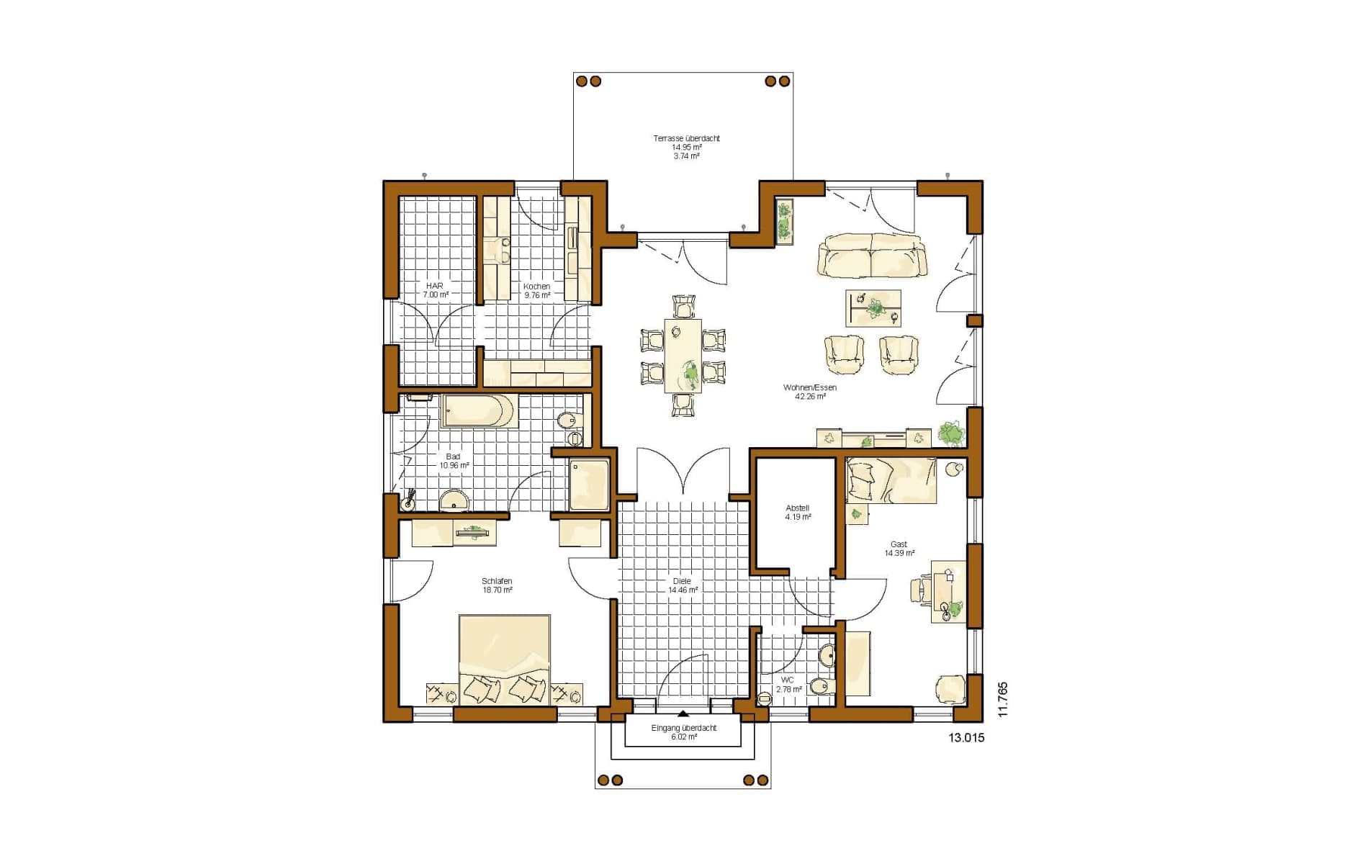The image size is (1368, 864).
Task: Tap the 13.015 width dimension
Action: tap(966, 737)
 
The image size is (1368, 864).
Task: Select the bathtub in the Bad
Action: tap(477, 410)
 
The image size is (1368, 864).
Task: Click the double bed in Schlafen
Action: tap(505, 659)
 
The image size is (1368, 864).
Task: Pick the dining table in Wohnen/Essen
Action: tap(683, 356)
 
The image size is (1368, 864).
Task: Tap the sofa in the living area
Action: tap(872, 255)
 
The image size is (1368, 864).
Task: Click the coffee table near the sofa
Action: tap(873, 308)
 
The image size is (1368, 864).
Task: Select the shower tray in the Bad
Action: tap(590, 485)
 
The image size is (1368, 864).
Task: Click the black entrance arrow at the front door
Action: tap(683, 714)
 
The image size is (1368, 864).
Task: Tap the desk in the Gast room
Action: tap(948, 591)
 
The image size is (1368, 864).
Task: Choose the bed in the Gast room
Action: tap(891, 480)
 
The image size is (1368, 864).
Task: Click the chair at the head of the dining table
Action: tap(683, 306)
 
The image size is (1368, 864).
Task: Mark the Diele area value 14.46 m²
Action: tap(683, 590)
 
